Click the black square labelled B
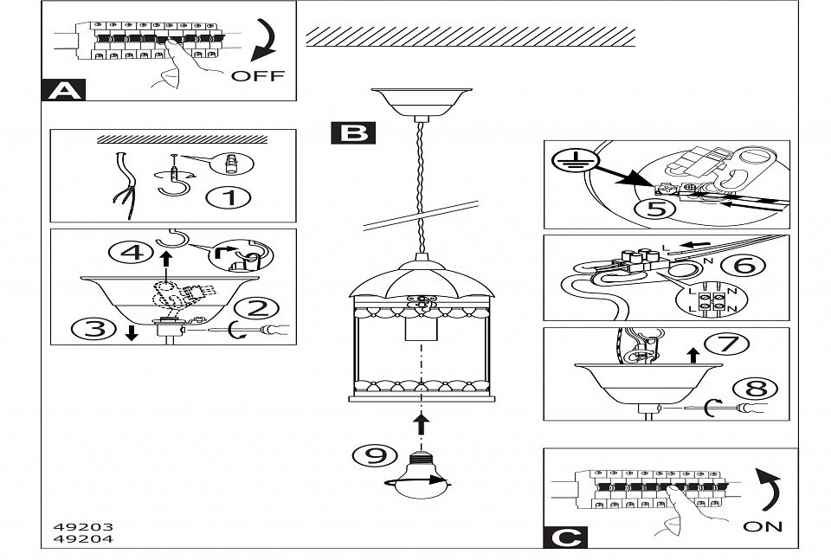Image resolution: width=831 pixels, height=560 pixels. click(352, 132)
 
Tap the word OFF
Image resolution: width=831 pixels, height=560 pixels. click(257, 75)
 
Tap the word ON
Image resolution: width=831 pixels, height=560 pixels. click(762, 525)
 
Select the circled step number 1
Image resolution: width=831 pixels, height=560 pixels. click(229, 197)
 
